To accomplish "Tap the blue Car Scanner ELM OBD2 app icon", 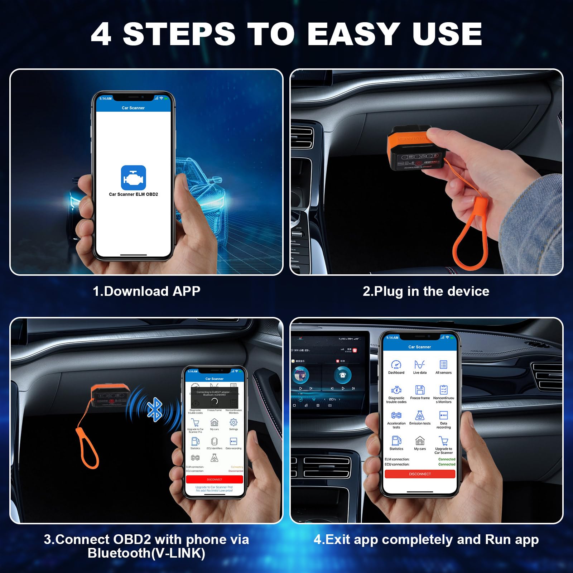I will coord(133,178).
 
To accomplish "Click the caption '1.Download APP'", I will coord(146,291).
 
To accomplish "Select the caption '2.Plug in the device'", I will coord(426,291).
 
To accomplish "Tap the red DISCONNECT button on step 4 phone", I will coord(420,474).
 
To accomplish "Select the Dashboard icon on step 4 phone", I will coord(396,365).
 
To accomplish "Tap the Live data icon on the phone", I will coord(420,365).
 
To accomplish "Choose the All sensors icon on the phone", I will coord(443,365).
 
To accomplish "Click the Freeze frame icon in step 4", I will coord(420,390).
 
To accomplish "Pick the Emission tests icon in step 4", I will coord(420,415).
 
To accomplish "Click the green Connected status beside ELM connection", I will coord(447,459).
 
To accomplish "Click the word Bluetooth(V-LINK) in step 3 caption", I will coord(146,553).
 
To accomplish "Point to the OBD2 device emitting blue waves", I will coord(109,396).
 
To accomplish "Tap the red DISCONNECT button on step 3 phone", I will coord(215,480).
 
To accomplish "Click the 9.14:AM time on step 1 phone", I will coord(105,98).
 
